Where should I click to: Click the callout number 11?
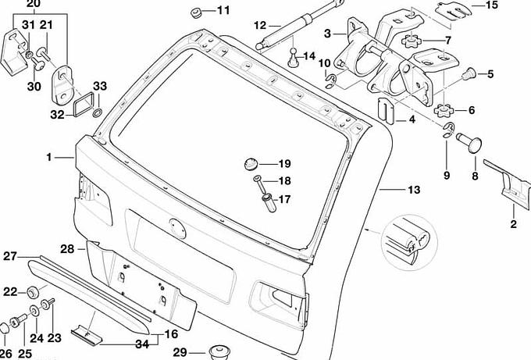pyautogui.click(x=224, y=10)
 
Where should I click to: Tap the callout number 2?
pyautogui.click(x=513, y=225)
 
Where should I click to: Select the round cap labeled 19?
pyautogui.click(x=251, y=164)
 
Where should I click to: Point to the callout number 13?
pyautogui.click(x=413, y=190)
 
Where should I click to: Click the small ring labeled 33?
pyautogui.click(x=96, y=114)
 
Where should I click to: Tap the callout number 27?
pyautogui.click(x=10, y=256)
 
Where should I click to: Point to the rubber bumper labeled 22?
pyautogui.click(x=33, y=293)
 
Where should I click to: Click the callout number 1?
pyautogui.click(x=48, y=157)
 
